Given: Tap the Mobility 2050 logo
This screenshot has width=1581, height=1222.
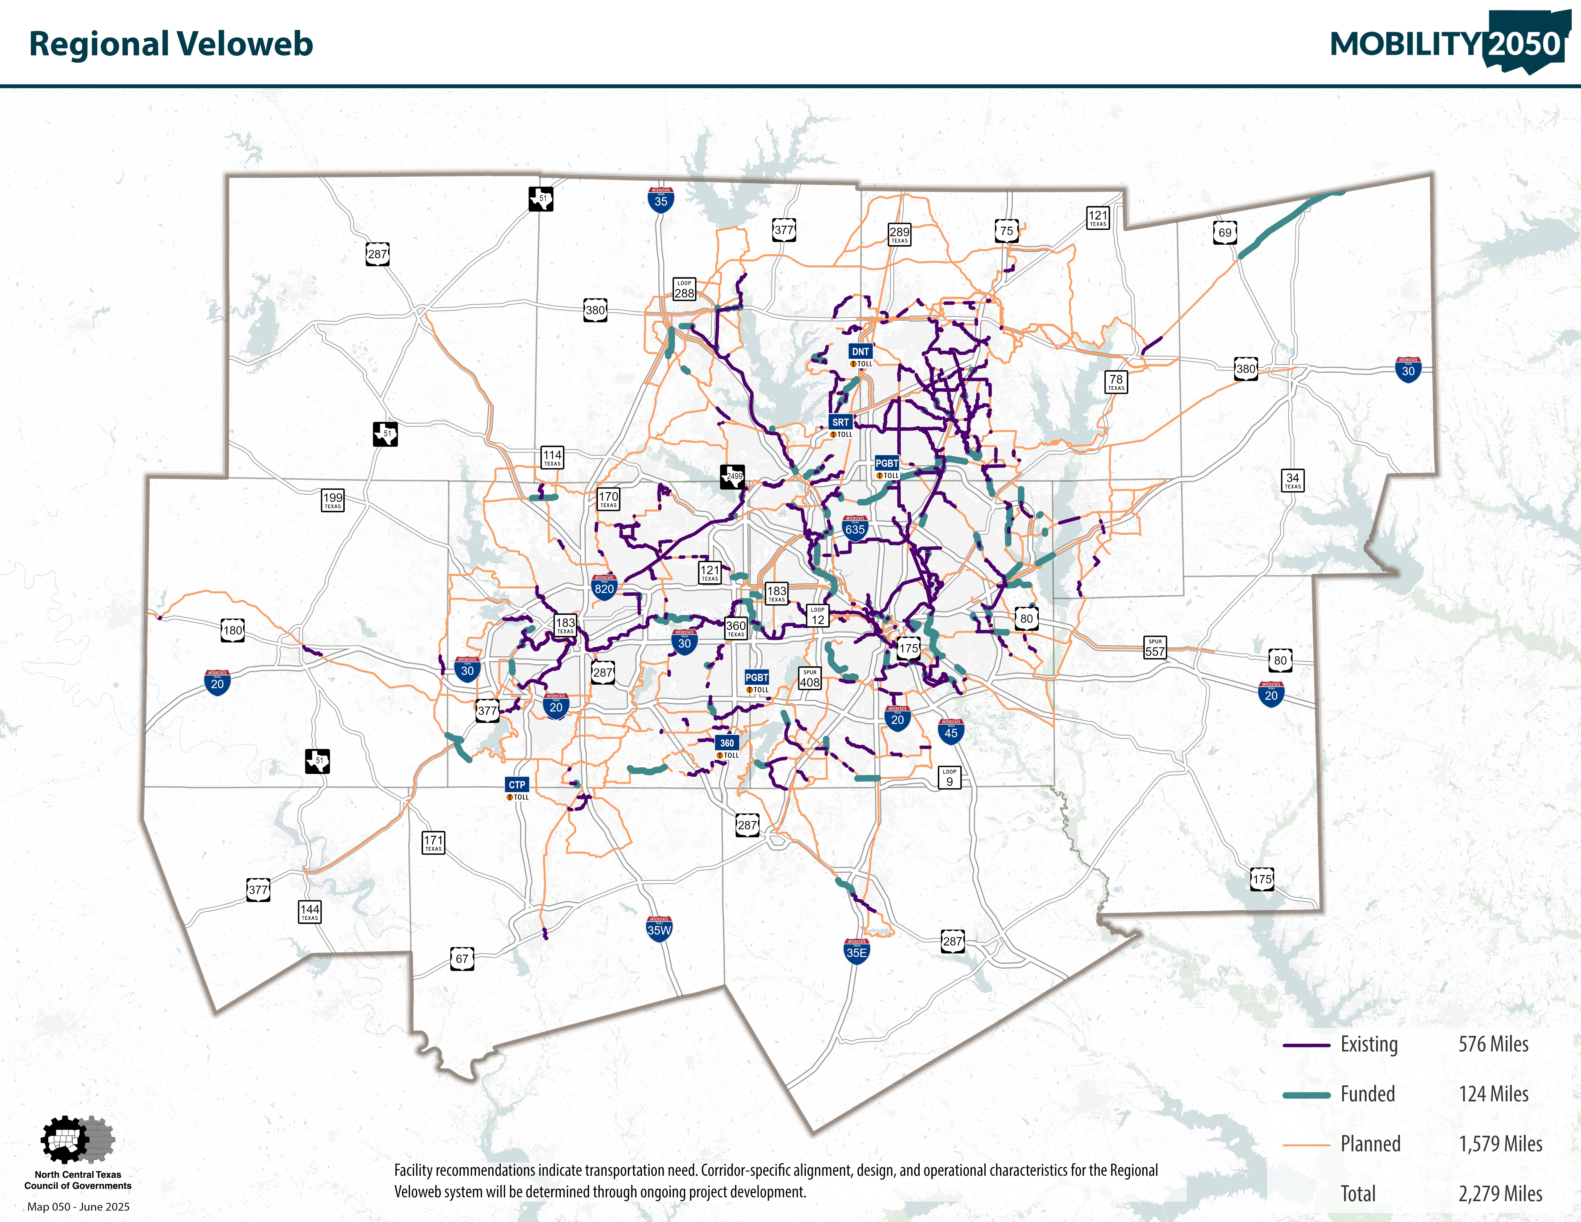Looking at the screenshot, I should pyautogui.click(x=1448, y=43).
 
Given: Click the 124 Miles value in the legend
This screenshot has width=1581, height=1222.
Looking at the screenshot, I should pyautogui.click(x=1493, y=1094).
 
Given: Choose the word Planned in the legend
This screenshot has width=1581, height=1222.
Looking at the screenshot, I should pyautogui.click(x=1370, y=1144).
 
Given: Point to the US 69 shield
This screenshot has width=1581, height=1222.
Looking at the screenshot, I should pyautogui.click(x=1224, y=232).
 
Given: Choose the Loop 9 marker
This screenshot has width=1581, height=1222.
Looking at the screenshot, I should pyautogui.click(x=949, y=778).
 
